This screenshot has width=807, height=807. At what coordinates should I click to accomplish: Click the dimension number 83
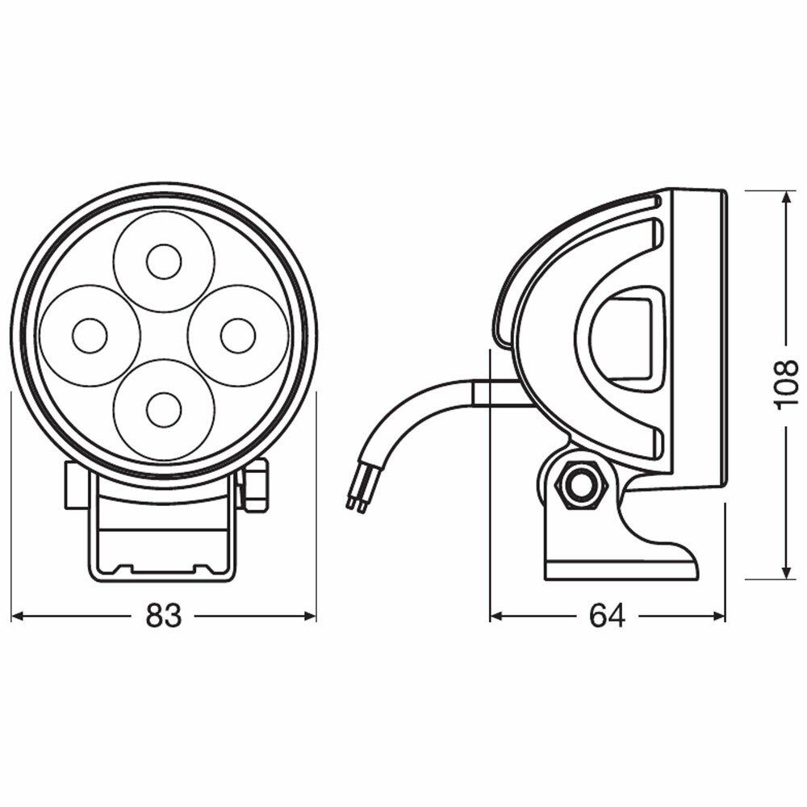(x=164, y=617)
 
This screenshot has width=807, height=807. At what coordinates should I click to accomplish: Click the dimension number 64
(x=607, y=617)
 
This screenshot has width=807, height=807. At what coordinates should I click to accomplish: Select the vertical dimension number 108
(x=786, y=385)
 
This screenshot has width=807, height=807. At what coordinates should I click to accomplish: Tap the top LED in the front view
(x=164, y=261)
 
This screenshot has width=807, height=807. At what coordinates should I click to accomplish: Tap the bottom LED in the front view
(x=164, y=410)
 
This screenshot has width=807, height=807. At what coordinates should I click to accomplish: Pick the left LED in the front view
(x=90, y=336)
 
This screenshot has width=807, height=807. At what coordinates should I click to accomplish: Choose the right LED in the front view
(x=238, y=336)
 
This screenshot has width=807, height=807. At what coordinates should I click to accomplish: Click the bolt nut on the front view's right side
(x=255, y=486)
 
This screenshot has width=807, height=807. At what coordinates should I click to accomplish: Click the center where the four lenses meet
(x=164, y=336)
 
